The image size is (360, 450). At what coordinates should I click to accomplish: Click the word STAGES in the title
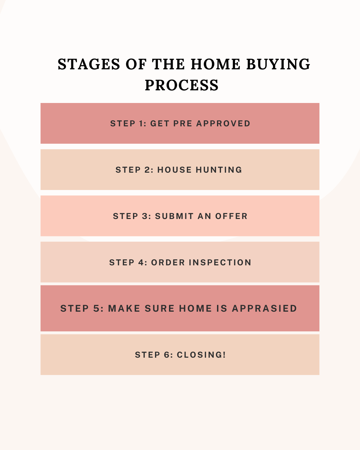(x=89, y=64)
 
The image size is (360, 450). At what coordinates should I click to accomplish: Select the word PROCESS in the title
(x=182, y=85)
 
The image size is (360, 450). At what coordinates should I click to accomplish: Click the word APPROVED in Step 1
(x=223, y=124)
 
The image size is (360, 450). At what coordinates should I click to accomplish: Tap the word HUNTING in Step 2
(x=219, y=170)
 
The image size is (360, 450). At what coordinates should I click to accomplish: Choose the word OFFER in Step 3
(x=231, y=216)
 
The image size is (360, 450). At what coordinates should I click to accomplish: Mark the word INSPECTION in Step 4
(x=220, y=263)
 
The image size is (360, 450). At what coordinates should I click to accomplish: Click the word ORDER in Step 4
(x=168, y=263)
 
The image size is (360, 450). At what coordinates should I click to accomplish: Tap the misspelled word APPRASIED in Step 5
(x=264, y=309)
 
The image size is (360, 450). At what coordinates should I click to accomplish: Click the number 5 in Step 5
(x=97, y=309)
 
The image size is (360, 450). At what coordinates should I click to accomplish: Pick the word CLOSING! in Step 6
(x=201, y=355)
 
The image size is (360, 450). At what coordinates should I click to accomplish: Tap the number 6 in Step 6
(x=167, y=355)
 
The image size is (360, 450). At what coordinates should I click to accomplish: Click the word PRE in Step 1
(x=183, y=124)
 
